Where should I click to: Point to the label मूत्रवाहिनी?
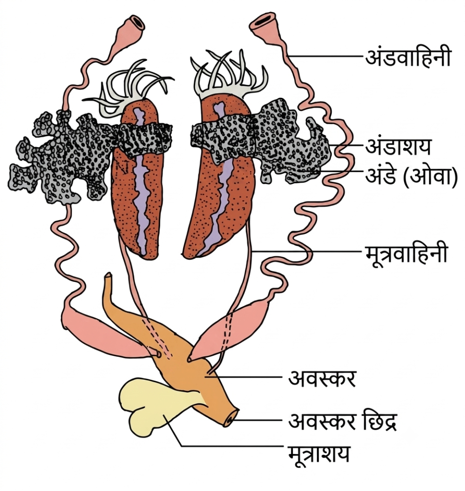[x=406, y=254]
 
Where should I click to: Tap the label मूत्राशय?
[x=318, y=454]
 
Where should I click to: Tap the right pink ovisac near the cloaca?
[x=231, y=329]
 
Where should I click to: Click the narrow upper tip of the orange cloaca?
[x=108, y=277]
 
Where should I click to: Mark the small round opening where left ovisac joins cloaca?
[x=159, y=354]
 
